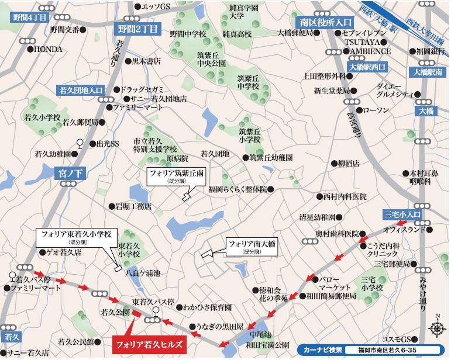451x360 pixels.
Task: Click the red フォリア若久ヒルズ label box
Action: point(148,344)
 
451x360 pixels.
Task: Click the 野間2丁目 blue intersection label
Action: point(137,28)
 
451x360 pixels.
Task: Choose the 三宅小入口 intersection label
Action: point(402,214)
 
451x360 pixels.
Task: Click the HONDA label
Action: point(48,50)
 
